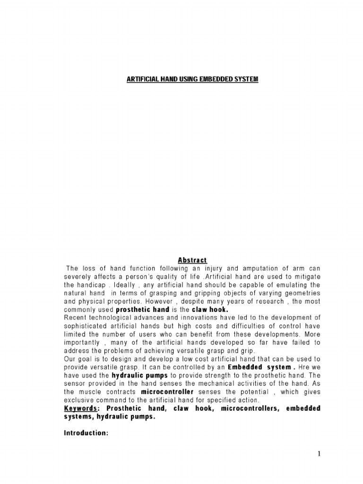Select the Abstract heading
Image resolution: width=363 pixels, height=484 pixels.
pos(192,260)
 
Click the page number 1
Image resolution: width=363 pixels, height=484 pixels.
pos(319,455)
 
